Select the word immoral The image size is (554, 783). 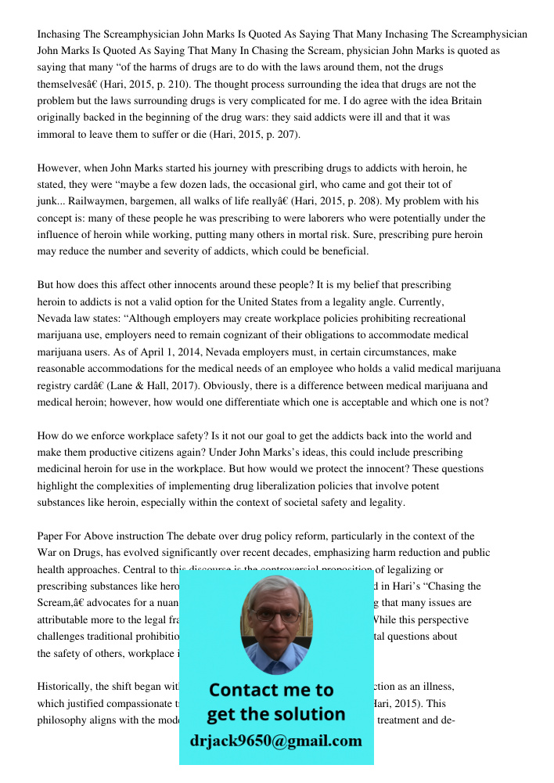click(58, 135)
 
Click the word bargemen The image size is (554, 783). click(157, 202)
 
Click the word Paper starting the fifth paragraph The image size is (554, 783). click(52, 536)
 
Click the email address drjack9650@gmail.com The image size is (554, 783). click(276, 741)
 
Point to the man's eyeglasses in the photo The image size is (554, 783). click(275, 614)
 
